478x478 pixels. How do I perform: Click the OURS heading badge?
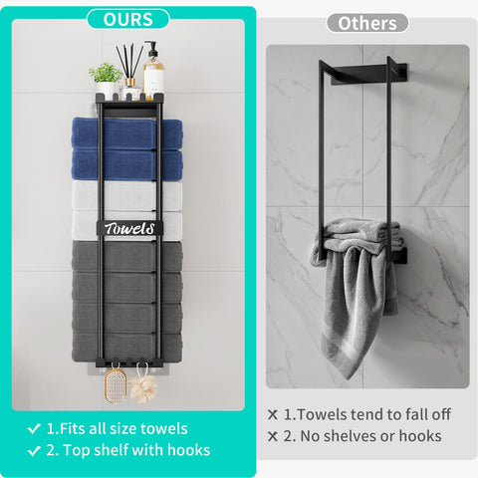click(128, 19)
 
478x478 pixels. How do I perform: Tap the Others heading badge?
click(367, 23)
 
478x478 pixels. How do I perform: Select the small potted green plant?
click(106, 81)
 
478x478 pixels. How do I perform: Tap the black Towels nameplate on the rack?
click(129, 228)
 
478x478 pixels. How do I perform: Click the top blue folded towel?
click(126, 132)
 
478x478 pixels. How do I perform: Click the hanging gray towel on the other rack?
click(356, 292)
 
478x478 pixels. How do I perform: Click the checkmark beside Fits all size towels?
click(34, 428)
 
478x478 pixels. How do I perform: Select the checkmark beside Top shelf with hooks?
click(34, 450)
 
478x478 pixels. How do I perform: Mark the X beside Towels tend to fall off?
click(273, 414)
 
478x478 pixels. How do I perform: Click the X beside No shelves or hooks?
click(273, 436)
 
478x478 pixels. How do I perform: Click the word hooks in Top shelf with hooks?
click(188, 450)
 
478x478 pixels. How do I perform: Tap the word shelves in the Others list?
click(350, 436)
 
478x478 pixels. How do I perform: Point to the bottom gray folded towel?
click(126, 347)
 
